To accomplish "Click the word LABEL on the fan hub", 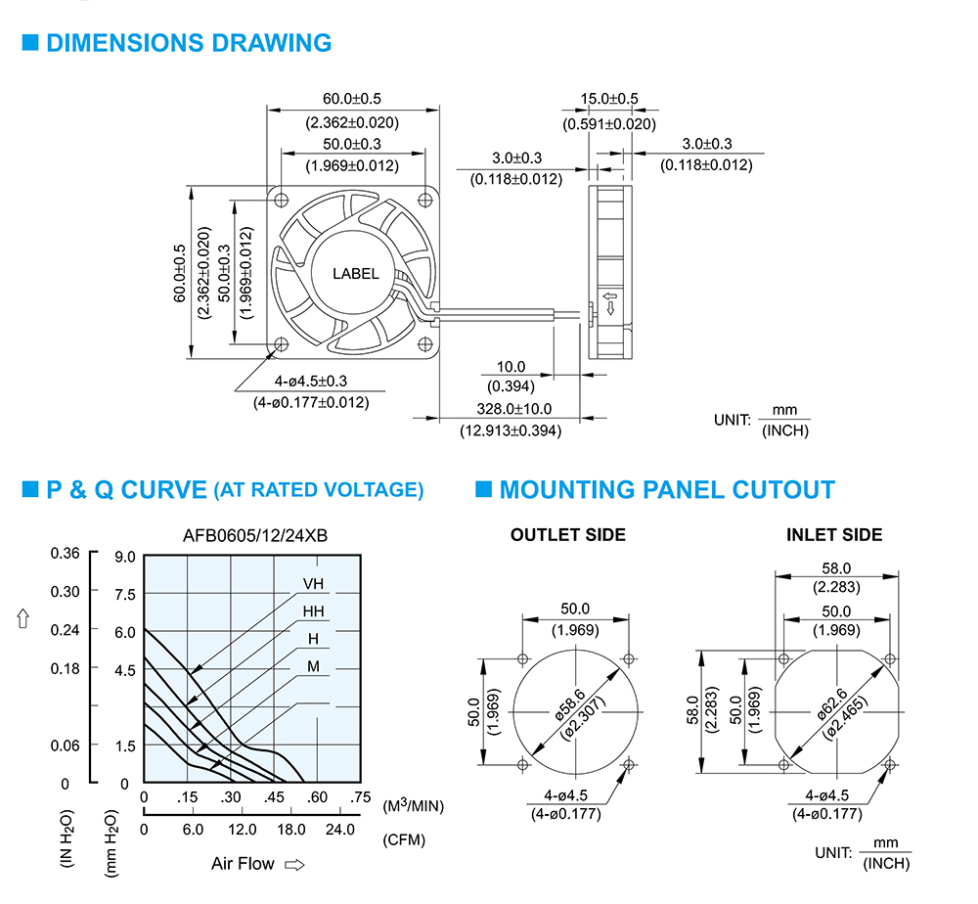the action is point(356,274).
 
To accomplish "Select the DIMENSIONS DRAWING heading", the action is point(189,43).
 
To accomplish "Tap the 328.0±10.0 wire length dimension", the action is point(514,409).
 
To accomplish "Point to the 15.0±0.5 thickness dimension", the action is point(609,99).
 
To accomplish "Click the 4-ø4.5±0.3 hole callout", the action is point(311,382).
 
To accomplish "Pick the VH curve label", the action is point(313,584).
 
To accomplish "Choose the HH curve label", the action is point(313,611).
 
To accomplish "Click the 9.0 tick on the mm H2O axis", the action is point(125,557).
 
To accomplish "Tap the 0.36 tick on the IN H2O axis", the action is point(65,554).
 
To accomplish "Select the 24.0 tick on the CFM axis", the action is point(340,830).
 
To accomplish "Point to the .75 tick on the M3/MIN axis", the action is point(361,797).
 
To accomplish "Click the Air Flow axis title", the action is point(243,864).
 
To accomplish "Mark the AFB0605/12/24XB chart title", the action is point(255,536).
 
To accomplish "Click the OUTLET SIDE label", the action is point(568,535).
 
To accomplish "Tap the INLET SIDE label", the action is point(834,535).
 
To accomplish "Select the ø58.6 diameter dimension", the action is point(570,704).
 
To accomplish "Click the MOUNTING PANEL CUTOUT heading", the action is point(667,490).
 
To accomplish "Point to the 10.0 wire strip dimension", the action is point(511,367).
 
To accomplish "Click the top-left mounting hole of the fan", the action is point(282,200).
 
